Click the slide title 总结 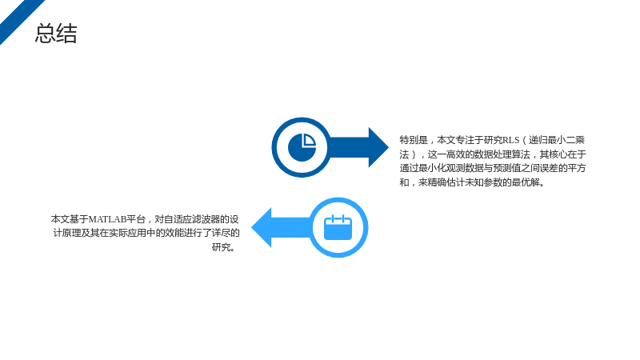tap(56, 33)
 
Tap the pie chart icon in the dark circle tap(302, 147)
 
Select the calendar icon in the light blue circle tap(338, 227)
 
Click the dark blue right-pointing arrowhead tap(378, 147)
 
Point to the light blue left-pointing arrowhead tap(262, 227)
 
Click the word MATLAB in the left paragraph tap(107, 219)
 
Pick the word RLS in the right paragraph tap(510, 140)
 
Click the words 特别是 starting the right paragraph tap(414, 140)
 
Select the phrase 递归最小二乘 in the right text tap(557, 140)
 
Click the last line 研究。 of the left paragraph tap(225, 247)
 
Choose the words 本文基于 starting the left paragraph tap(70, 219)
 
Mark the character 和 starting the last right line tap(404, 182)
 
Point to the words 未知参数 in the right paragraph tap(484, 182)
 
